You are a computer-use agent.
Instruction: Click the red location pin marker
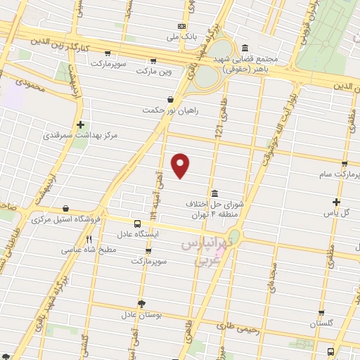tap(181, 166)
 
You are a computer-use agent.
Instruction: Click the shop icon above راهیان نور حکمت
tap(171, 100)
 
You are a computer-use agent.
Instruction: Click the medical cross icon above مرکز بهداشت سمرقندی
tap(81, 124)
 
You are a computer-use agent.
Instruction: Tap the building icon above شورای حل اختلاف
tap(214, 193)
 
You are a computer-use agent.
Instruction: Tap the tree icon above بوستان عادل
tap(142, 304)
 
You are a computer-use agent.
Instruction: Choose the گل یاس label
tap(341, 212)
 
